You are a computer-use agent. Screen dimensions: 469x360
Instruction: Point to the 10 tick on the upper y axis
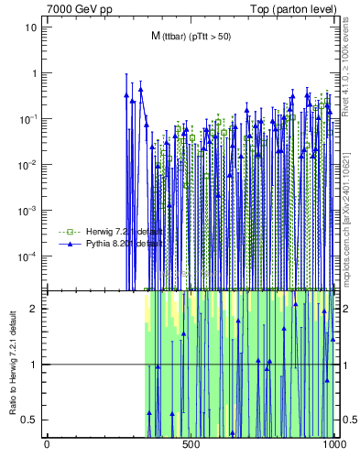click(31, 27)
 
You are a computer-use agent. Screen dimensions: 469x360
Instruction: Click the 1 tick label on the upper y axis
click(34, 73)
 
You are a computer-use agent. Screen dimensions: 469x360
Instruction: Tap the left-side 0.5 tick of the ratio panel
click(32, 420)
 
